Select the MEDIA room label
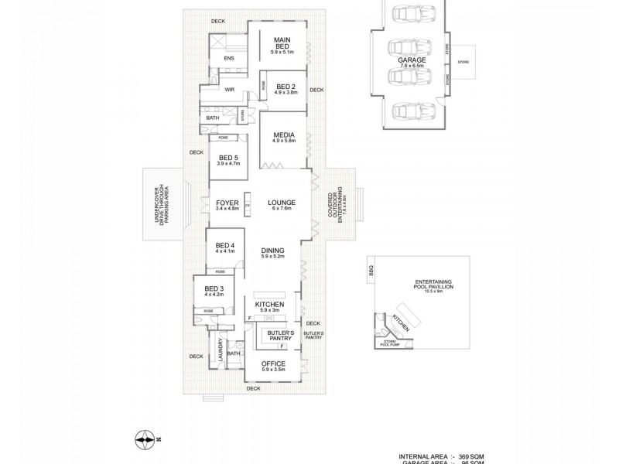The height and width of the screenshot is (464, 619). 284,136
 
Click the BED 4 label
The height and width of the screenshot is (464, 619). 224,248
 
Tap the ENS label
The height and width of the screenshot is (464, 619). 229,59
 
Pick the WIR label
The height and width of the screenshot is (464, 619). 229,90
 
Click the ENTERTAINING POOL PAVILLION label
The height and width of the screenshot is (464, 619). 422,284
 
